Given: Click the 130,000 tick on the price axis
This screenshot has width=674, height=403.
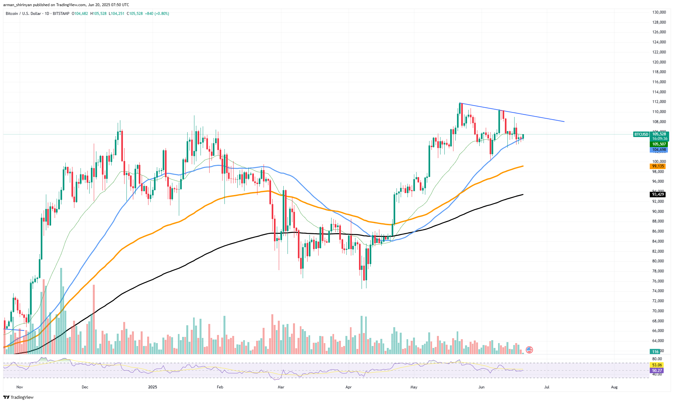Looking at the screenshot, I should [659, 12].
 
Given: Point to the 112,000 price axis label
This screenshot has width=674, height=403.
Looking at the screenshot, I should [659, 102].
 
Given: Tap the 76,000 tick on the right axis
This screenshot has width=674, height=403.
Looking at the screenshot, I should [659, 281].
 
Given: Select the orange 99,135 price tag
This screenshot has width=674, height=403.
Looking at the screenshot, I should [658, 166].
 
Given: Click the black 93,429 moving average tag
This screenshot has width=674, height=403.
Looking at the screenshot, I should [658, 194].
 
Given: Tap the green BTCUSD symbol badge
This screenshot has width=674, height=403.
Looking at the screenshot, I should [641, 134].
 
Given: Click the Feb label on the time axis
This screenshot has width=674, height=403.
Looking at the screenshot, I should [220, 387].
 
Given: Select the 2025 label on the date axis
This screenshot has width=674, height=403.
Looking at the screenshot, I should [152, 387].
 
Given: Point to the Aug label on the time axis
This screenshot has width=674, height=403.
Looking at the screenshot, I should [614, 387].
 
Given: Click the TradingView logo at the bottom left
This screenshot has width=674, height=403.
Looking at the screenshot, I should [18, 397].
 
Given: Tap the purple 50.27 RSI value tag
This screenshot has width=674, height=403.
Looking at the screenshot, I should [657, 371].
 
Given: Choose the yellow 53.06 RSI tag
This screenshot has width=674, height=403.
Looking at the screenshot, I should [657, 365].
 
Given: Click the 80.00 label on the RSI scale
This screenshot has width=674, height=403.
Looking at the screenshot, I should [657, 359].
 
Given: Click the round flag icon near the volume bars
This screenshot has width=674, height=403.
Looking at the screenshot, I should [529, 350].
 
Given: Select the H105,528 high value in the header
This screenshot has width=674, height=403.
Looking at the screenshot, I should [98, 14].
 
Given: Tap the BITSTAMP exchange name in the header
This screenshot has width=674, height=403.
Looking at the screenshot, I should [61, 14].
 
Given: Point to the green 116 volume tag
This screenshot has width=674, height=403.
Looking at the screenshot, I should [655, 351].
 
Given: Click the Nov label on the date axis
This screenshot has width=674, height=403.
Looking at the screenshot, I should [19, 387].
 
